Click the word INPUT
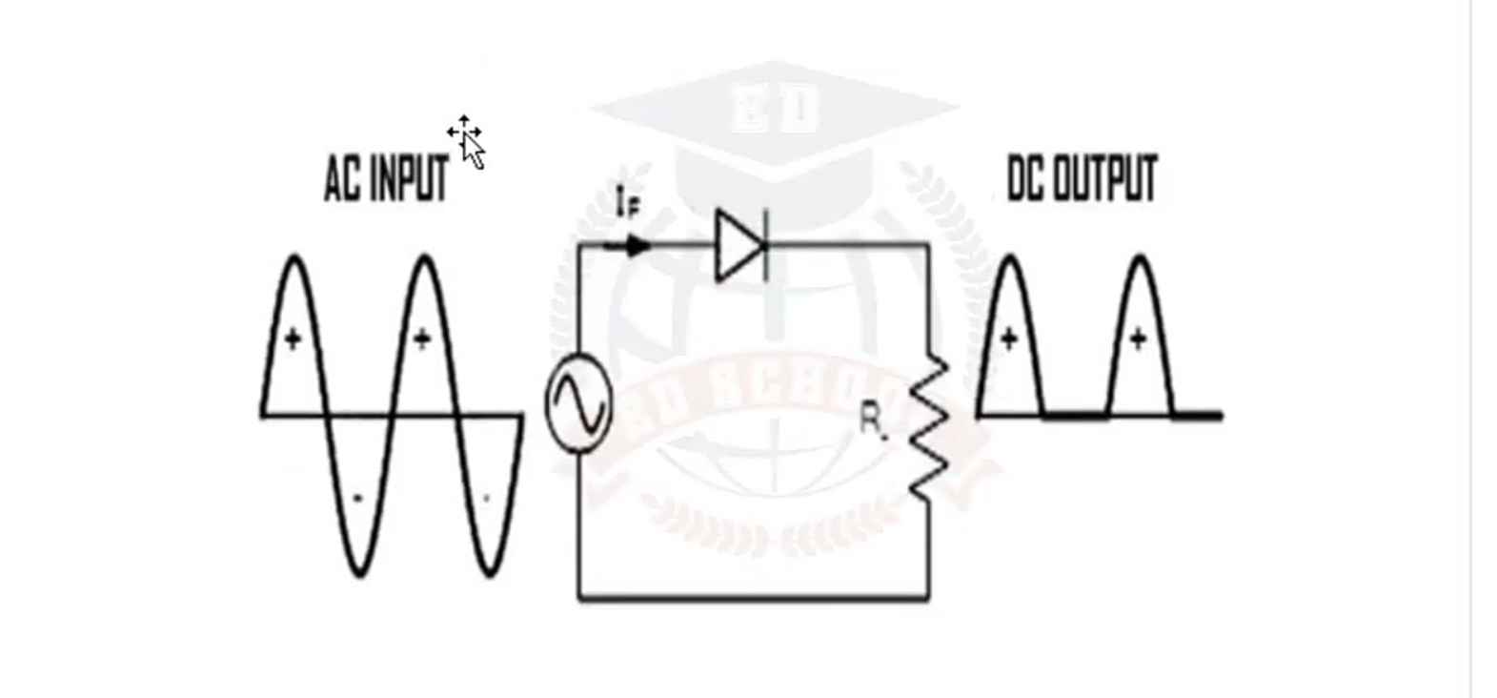pos(409,178)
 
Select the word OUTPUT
pos(1105,178)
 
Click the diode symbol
pos(742,247)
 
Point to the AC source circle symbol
pos(578,404)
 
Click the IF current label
pos(627,203)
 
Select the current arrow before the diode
pos(635,247)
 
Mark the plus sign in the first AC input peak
pos(293,339)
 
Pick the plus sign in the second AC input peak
pos(422,339)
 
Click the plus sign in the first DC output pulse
pos(1009,339)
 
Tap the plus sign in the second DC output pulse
pos(1138,339)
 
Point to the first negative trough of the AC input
pos(358,534)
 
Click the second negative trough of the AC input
pos(488,534)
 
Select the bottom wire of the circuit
pos(753,598)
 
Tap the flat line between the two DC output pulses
pos(1076,416)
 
